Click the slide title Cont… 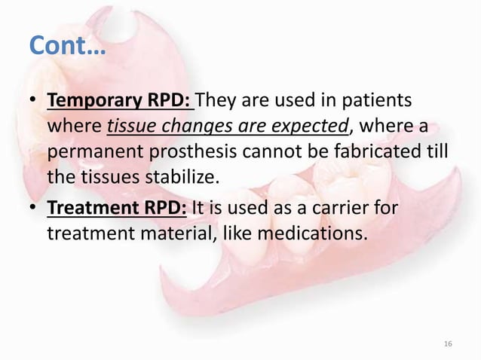click(66, 47)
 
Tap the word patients click(379, 100)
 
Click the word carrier click(341, 205)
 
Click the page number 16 click(449, 343)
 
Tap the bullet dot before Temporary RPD click(34, 101)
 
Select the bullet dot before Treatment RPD click(34, 206)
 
